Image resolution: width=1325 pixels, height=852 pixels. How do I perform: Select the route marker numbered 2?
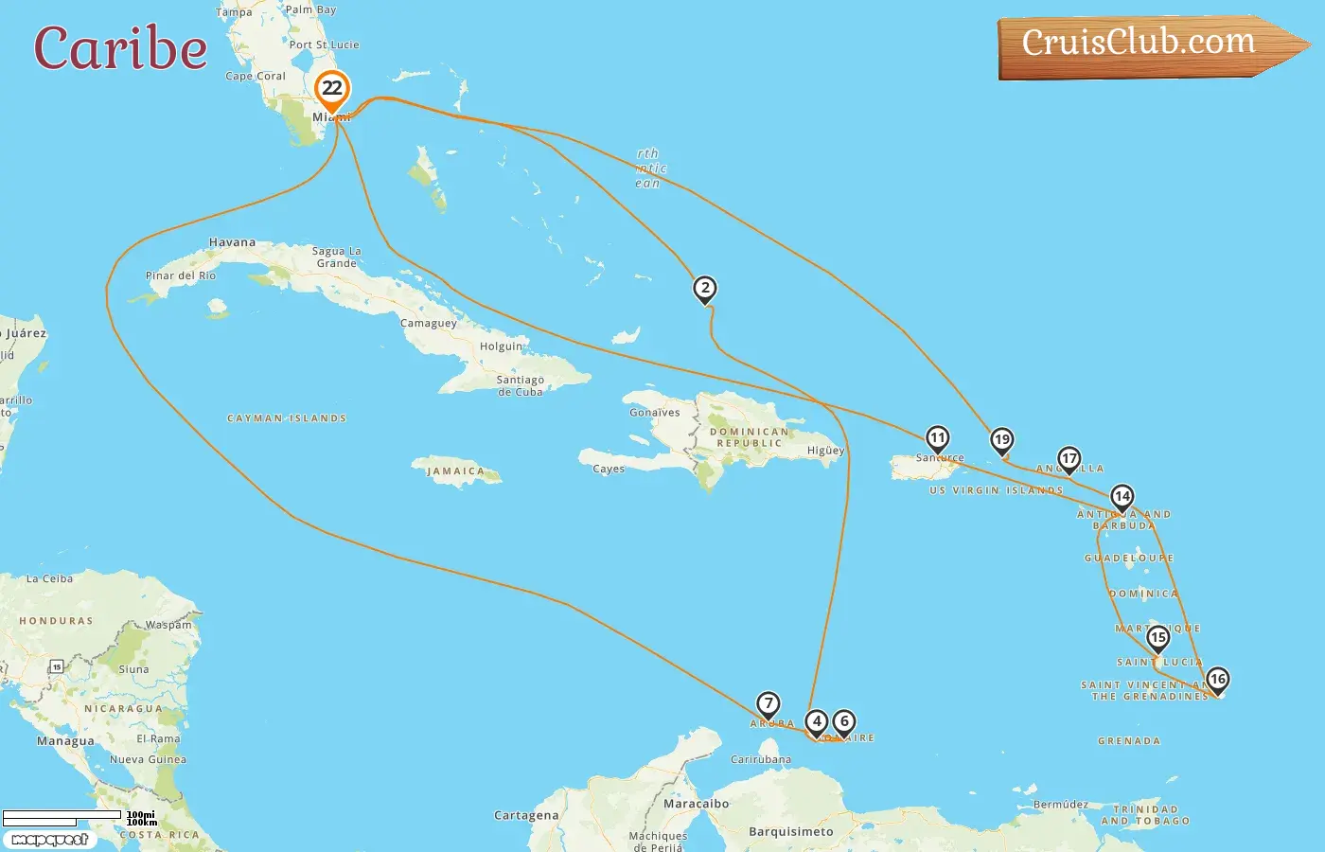[704, 289]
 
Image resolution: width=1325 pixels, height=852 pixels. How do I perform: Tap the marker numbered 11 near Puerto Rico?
[937, 438]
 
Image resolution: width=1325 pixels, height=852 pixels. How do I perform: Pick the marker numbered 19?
[1001, 440]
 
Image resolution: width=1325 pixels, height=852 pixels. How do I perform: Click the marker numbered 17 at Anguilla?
[1069, 459]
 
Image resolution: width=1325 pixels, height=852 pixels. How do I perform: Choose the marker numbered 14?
[1122, 497]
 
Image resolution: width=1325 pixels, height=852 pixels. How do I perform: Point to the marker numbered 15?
[1157, 638]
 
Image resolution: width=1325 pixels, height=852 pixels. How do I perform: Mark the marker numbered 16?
[1217, 680]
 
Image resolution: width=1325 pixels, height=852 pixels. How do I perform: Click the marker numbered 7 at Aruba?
[768, 704]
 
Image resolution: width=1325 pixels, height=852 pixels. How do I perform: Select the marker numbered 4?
[816, 722]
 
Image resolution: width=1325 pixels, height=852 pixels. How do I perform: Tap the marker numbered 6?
[844, 722]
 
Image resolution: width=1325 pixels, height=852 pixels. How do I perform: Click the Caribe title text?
[120, 48]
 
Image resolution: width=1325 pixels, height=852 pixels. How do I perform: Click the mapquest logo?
[50, 839]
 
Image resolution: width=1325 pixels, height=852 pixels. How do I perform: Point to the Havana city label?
[232, 242]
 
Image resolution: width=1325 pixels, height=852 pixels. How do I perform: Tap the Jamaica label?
[455, 470]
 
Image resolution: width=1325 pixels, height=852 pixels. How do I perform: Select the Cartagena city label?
[526, 815]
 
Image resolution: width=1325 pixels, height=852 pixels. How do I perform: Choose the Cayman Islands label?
[287, 418]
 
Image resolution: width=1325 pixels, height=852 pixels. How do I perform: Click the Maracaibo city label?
[696, 804]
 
